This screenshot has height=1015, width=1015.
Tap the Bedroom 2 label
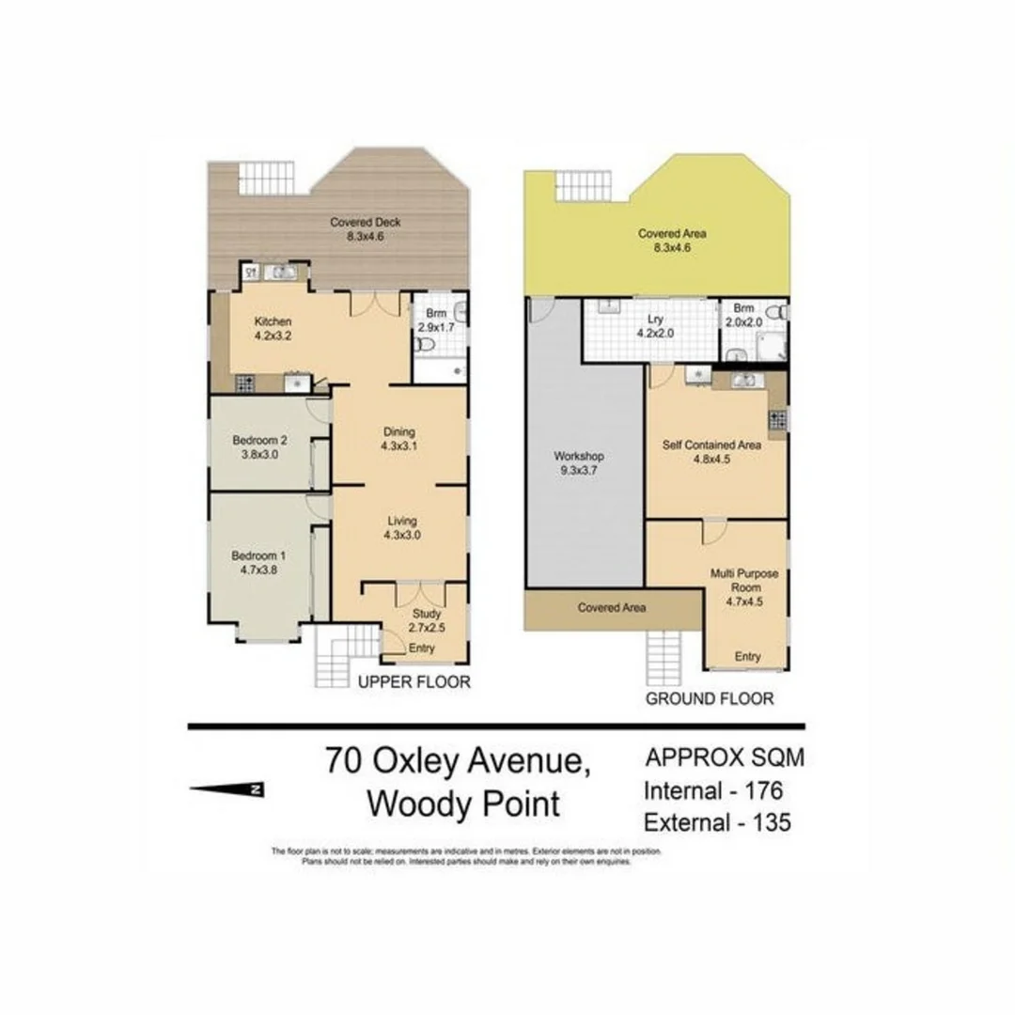259,439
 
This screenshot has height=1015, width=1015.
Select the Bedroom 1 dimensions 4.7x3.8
258,570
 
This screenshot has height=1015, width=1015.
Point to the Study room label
427,614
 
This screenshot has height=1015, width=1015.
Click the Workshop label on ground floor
579,457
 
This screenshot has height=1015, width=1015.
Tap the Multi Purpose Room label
748,580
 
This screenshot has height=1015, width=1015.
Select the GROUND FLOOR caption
710,698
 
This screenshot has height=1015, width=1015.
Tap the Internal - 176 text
713,790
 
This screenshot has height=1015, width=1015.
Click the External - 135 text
716,822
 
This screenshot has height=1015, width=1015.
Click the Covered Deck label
366,223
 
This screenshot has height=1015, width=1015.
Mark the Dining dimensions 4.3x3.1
398,446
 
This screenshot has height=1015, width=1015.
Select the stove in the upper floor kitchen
245,383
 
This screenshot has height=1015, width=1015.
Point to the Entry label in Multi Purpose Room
748,657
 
